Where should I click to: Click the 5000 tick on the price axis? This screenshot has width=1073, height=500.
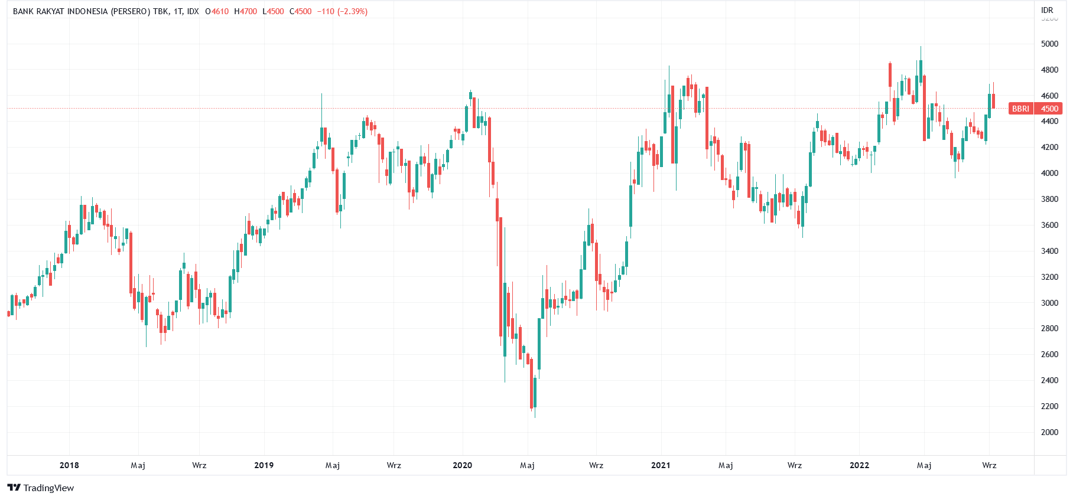point(1049,44)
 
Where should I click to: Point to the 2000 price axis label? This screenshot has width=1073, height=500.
point(1049,432)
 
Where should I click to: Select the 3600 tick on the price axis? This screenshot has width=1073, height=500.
point(1049,225)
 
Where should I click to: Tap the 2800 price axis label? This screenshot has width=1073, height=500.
point(1049,329)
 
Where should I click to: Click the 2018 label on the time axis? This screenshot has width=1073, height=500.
point(69,465)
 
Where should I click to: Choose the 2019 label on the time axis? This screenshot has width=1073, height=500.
point(264,465)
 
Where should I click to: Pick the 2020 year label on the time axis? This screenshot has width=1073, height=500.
point(462,465)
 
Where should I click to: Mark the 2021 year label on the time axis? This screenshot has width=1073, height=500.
point(661,465)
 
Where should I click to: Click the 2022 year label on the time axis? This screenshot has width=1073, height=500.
point(859,465)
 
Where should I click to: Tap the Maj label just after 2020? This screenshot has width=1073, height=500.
point(527,465)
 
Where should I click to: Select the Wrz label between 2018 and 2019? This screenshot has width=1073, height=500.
point(199,465)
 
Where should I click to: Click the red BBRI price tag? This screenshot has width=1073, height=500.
point(1020,109)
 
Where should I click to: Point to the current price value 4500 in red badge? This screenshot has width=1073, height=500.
point(1049,109)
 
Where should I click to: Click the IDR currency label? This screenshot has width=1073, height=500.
point(1047,10)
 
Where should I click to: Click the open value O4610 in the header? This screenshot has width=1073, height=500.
point(217,11)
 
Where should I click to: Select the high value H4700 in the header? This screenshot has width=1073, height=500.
point(245,11)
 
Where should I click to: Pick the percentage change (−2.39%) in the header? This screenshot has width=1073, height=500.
point(352,11)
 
